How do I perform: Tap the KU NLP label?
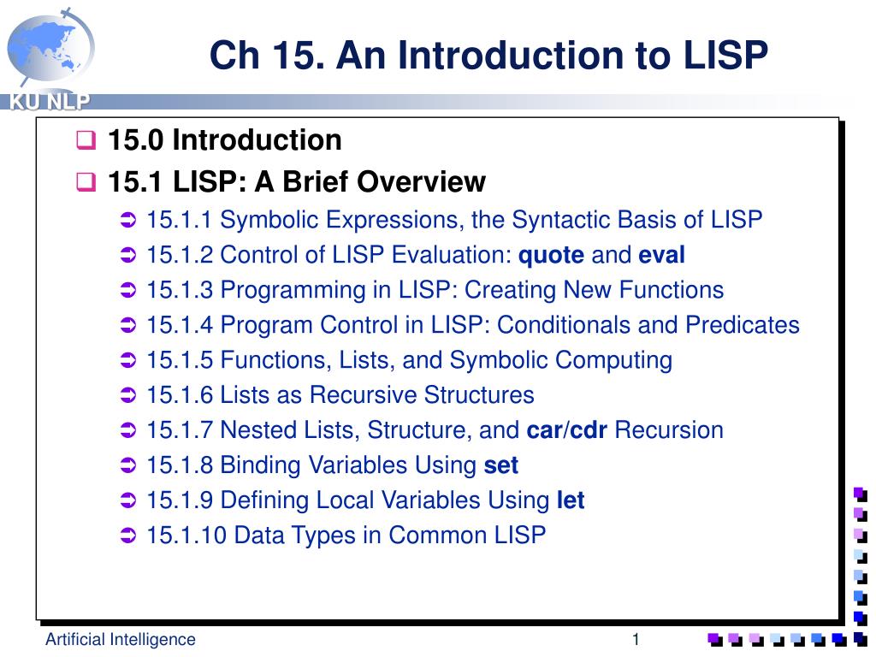coord(50,103)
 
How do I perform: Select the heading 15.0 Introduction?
coord(224,139)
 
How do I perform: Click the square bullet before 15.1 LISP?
coord(86,182)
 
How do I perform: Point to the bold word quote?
coord(552,255)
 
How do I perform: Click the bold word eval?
coord(662,255)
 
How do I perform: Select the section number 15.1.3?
coord(180,290)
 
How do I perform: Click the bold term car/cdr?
coord(567,430)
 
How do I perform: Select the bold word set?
coord(501,465)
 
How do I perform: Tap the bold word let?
coord(571,500)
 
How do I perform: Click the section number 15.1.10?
coord(186,536)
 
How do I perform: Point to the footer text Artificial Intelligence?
coord(121,639)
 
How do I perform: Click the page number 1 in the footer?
coord(636,639)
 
